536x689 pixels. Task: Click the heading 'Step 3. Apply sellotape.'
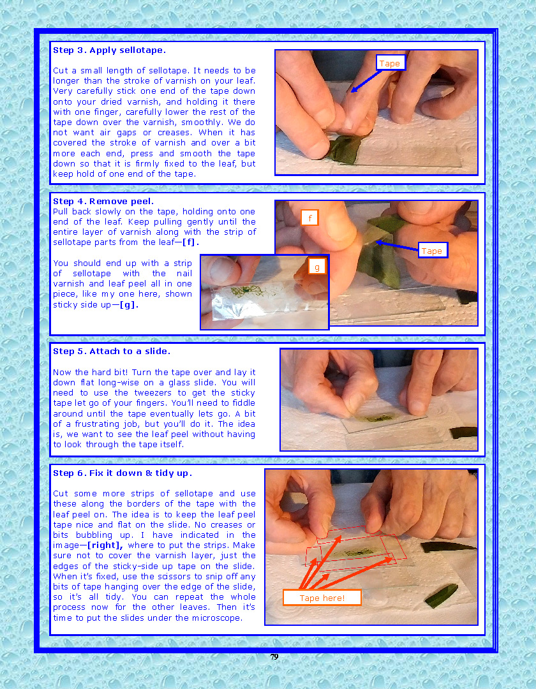click(109, 50)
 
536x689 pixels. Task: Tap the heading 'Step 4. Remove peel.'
click(103, 201)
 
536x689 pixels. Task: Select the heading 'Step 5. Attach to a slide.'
click(112, 351)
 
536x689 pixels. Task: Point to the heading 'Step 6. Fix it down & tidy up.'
click(123, 473)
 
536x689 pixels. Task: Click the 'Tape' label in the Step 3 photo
click(390, 63)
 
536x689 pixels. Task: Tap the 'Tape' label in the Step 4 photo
click(433, 251)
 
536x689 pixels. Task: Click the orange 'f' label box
click(309, 218)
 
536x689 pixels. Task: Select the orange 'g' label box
click(317, 266)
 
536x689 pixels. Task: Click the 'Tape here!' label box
click(322, 598)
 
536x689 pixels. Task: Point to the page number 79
click(274, 656)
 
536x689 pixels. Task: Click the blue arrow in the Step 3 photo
click(366, 81)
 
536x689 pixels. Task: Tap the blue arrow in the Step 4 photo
click(397, 246)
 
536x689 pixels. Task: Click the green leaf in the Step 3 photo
click(343, 150)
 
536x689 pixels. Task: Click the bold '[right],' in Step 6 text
click(105, 545)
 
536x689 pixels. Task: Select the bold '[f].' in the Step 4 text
click(191, 242)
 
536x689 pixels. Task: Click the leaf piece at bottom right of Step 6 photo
click(441, 595)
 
